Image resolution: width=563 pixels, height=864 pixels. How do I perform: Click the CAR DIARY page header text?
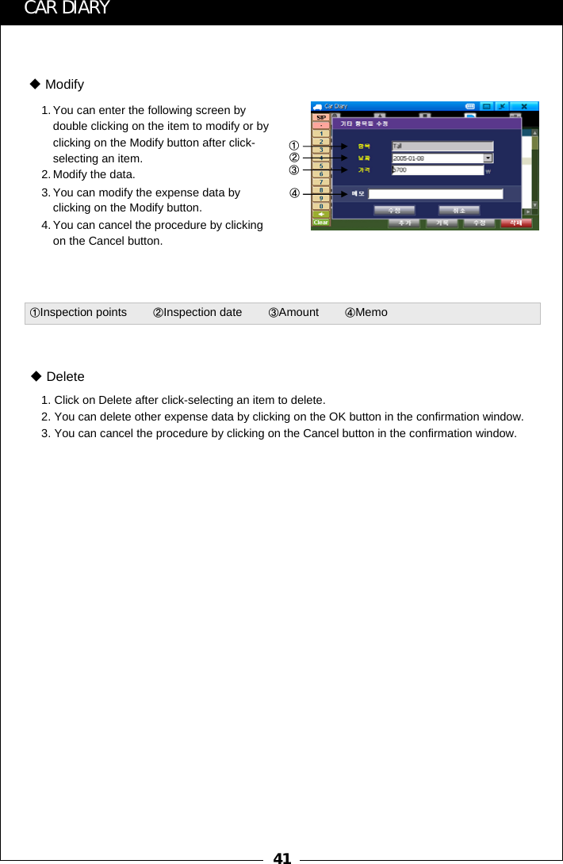[x=67, y=9]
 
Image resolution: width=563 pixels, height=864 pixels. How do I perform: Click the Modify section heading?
[x=63, y=85]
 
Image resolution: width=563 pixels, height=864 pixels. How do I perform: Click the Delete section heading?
[x=64, y=376]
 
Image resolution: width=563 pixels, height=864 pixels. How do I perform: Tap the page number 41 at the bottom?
[x=281, y=857]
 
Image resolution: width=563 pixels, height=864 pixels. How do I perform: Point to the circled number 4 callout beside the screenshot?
[x=293, y=192]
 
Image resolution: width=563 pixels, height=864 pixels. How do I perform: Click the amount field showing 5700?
[x=437, y=170]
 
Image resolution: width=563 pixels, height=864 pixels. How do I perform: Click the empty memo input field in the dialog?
[x=435, y=193]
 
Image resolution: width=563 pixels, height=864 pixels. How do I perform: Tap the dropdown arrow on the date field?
[x=488, y=158]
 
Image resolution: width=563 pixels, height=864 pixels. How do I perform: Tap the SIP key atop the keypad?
[x=321, y=117]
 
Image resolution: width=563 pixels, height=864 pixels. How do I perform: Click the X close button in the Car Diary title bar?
[x=523, y=105]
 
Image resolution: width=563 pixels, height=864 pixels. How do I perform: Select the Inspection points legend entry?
[x=78, y=313]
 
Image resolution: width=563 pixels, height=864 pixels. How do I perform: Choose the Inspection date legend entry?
[x=197, y=313]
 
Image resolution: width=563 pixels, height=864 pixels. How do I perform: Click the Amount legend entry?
[x=293, y=313]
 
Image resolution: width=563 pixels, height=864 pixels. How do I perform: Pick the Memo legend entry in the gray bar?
[x=366, y=313]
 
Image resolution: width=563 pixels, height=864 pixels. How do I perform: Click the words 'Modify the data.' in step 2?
[x=94, y=174]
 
